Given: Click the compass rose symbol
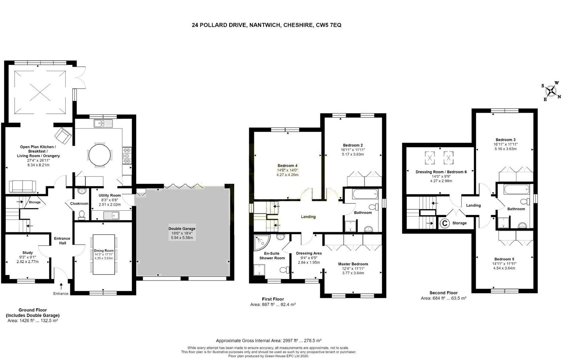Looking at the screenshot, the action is click(552, 91).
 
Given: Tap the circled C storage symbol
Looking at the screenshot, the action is click(445, 223).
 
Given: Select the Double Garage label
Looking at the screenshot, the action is click(182, 228).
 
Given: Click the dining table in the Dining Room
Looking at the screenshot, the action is click(104, 255).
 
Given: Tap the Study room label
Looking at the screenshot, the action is click(28, 253).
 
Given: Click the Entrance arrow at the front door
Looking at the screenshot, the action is click(61, 286).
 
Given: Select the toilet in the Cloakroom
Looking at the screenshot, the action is click(81, 215).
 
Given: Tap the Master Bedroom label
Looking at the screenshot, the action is click(353, 264).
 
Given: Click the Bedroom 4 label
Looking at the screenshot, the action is click(287, 166).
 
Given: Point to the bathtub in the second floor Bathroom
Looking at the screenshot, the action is click(516, 190).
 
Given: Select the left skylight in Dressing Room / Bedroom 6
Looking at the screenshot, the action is click(430, 158).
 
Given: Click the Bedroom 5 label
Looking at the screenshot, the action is click(504, 259).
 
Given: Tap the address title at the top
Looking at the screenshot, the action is click(266, 25).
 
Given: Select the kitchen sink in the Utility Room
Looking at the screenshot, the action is click(112, 215).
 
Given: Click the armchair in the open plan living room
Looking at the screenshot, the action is click(63, 135).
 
